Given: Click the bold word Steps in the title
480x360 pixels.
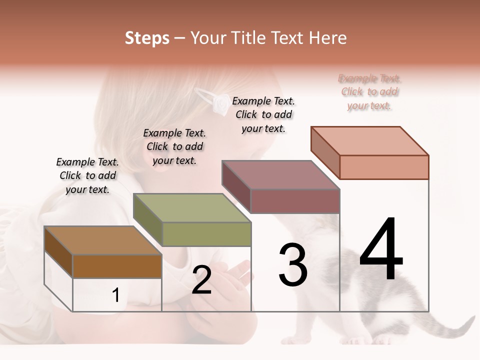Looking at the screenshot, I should (x=147, y=38).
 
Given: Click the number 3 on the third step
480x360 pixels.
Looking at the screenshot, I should (x=292, y=264).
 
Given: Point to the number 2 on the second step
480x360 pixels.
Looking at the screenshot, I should (x=201, y=280).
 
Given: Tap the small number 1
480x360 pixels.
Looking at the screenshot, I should (x=116, y=295).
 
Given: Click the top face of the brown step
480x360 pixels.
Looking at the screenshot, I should (x=102, y=240).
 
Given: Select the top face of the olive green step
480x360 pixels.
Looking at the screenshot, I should (x=192, y=208).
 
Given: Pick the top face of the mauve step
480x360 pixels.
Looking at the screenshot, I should (x=281, y=175).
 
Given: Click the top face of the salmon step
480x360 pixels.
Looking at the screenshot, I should (x=370, y=141).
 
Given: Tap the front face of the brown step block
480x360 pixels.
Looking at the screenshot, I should (x=117, y=266).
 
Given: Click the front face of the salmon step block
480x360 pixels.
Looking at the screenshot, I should (x=384, y=167).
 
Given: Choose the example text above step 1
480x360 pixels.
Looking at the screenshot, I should (x=87, y=175).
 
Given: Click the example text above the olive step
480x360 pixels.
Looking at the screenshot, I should (x=174, y=146).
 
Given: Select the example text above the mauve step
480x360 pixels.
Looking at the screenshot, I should (x=263, y=114).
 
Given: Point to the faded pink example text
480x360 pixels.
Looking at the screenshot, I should (x=369, y=92).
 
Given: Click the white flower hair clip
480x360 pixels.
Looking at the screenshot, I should (x=219, y=103).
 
